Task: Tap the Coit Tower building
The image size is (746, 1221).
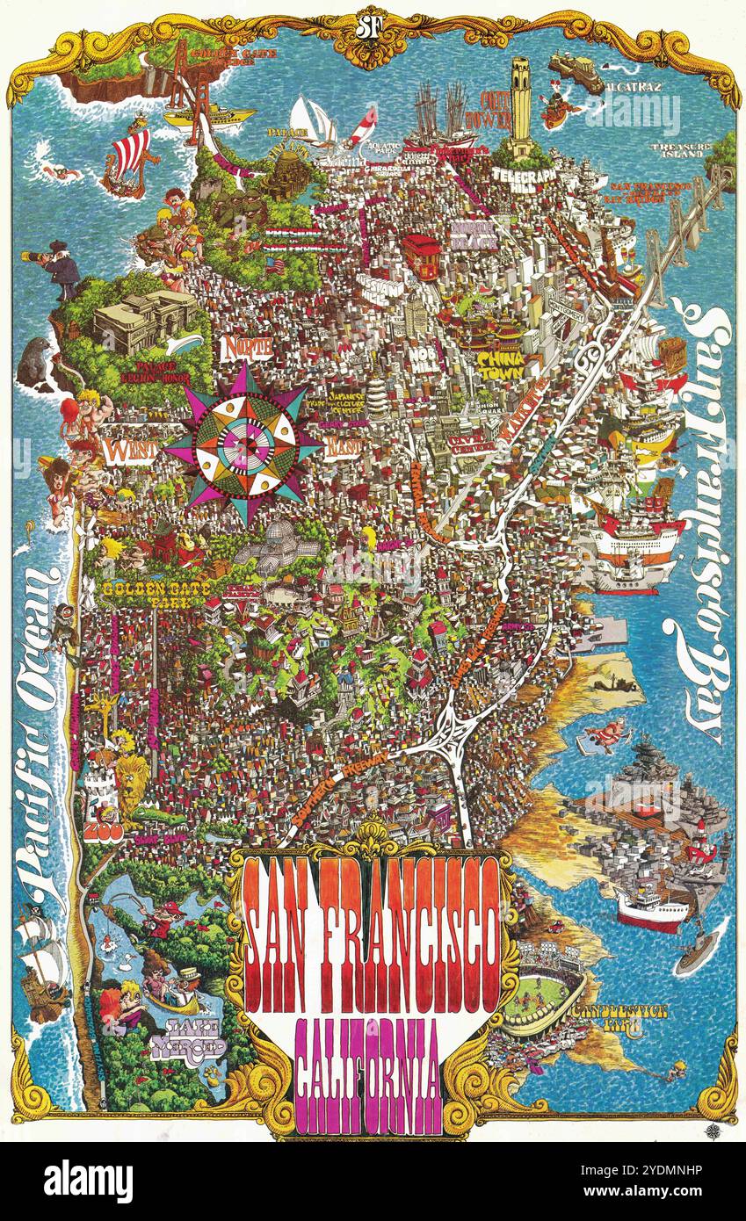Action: (521, 104)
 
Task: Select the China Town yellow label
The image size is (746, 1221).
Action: (501, 365)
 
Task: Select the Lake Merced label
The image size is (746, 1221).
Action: (188, 1040)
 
